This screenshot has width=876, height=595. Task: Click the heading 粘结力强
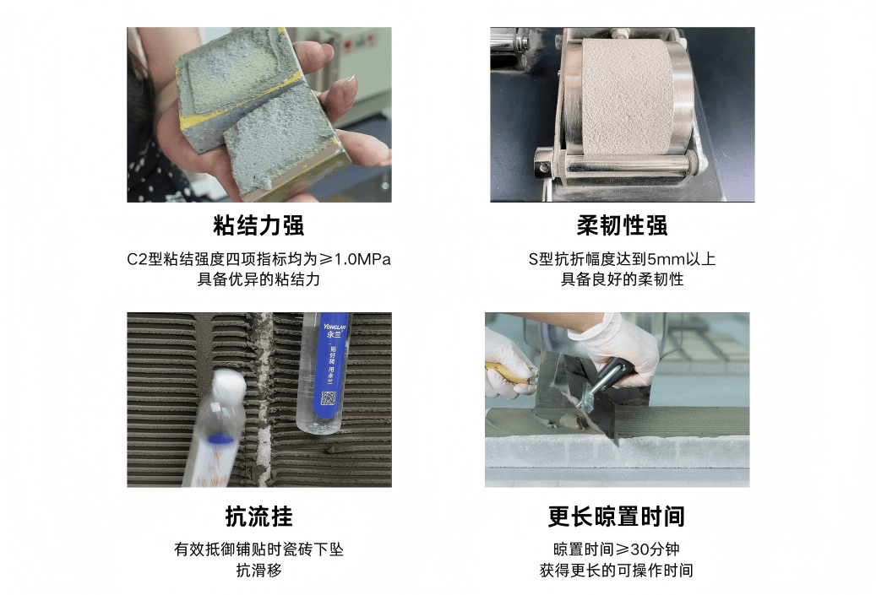258,225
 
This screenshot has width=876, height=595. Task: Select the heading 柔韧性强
622,225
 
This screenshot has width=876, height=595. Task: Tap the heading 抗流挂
258,517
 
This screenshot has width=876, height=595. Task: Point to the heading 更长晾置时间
616,517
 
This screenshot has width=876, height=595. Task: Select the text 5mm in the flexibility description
666,260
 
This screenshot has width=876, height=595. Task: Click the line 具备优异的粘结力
258,279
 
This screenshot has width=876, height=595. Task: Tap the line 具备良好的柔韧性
622,279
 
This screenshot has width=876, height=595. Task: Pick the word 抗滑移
258,571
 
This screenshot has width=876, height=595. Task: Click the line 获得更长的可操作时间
616,571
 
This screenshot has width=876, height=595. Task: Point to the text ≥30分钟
647,549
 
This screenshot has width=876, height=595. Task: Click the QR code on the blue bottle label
328,398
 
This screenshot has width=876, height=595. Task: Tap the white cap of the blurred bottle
229,385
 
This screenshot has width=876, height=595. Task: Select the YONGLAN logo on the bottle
335,327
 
